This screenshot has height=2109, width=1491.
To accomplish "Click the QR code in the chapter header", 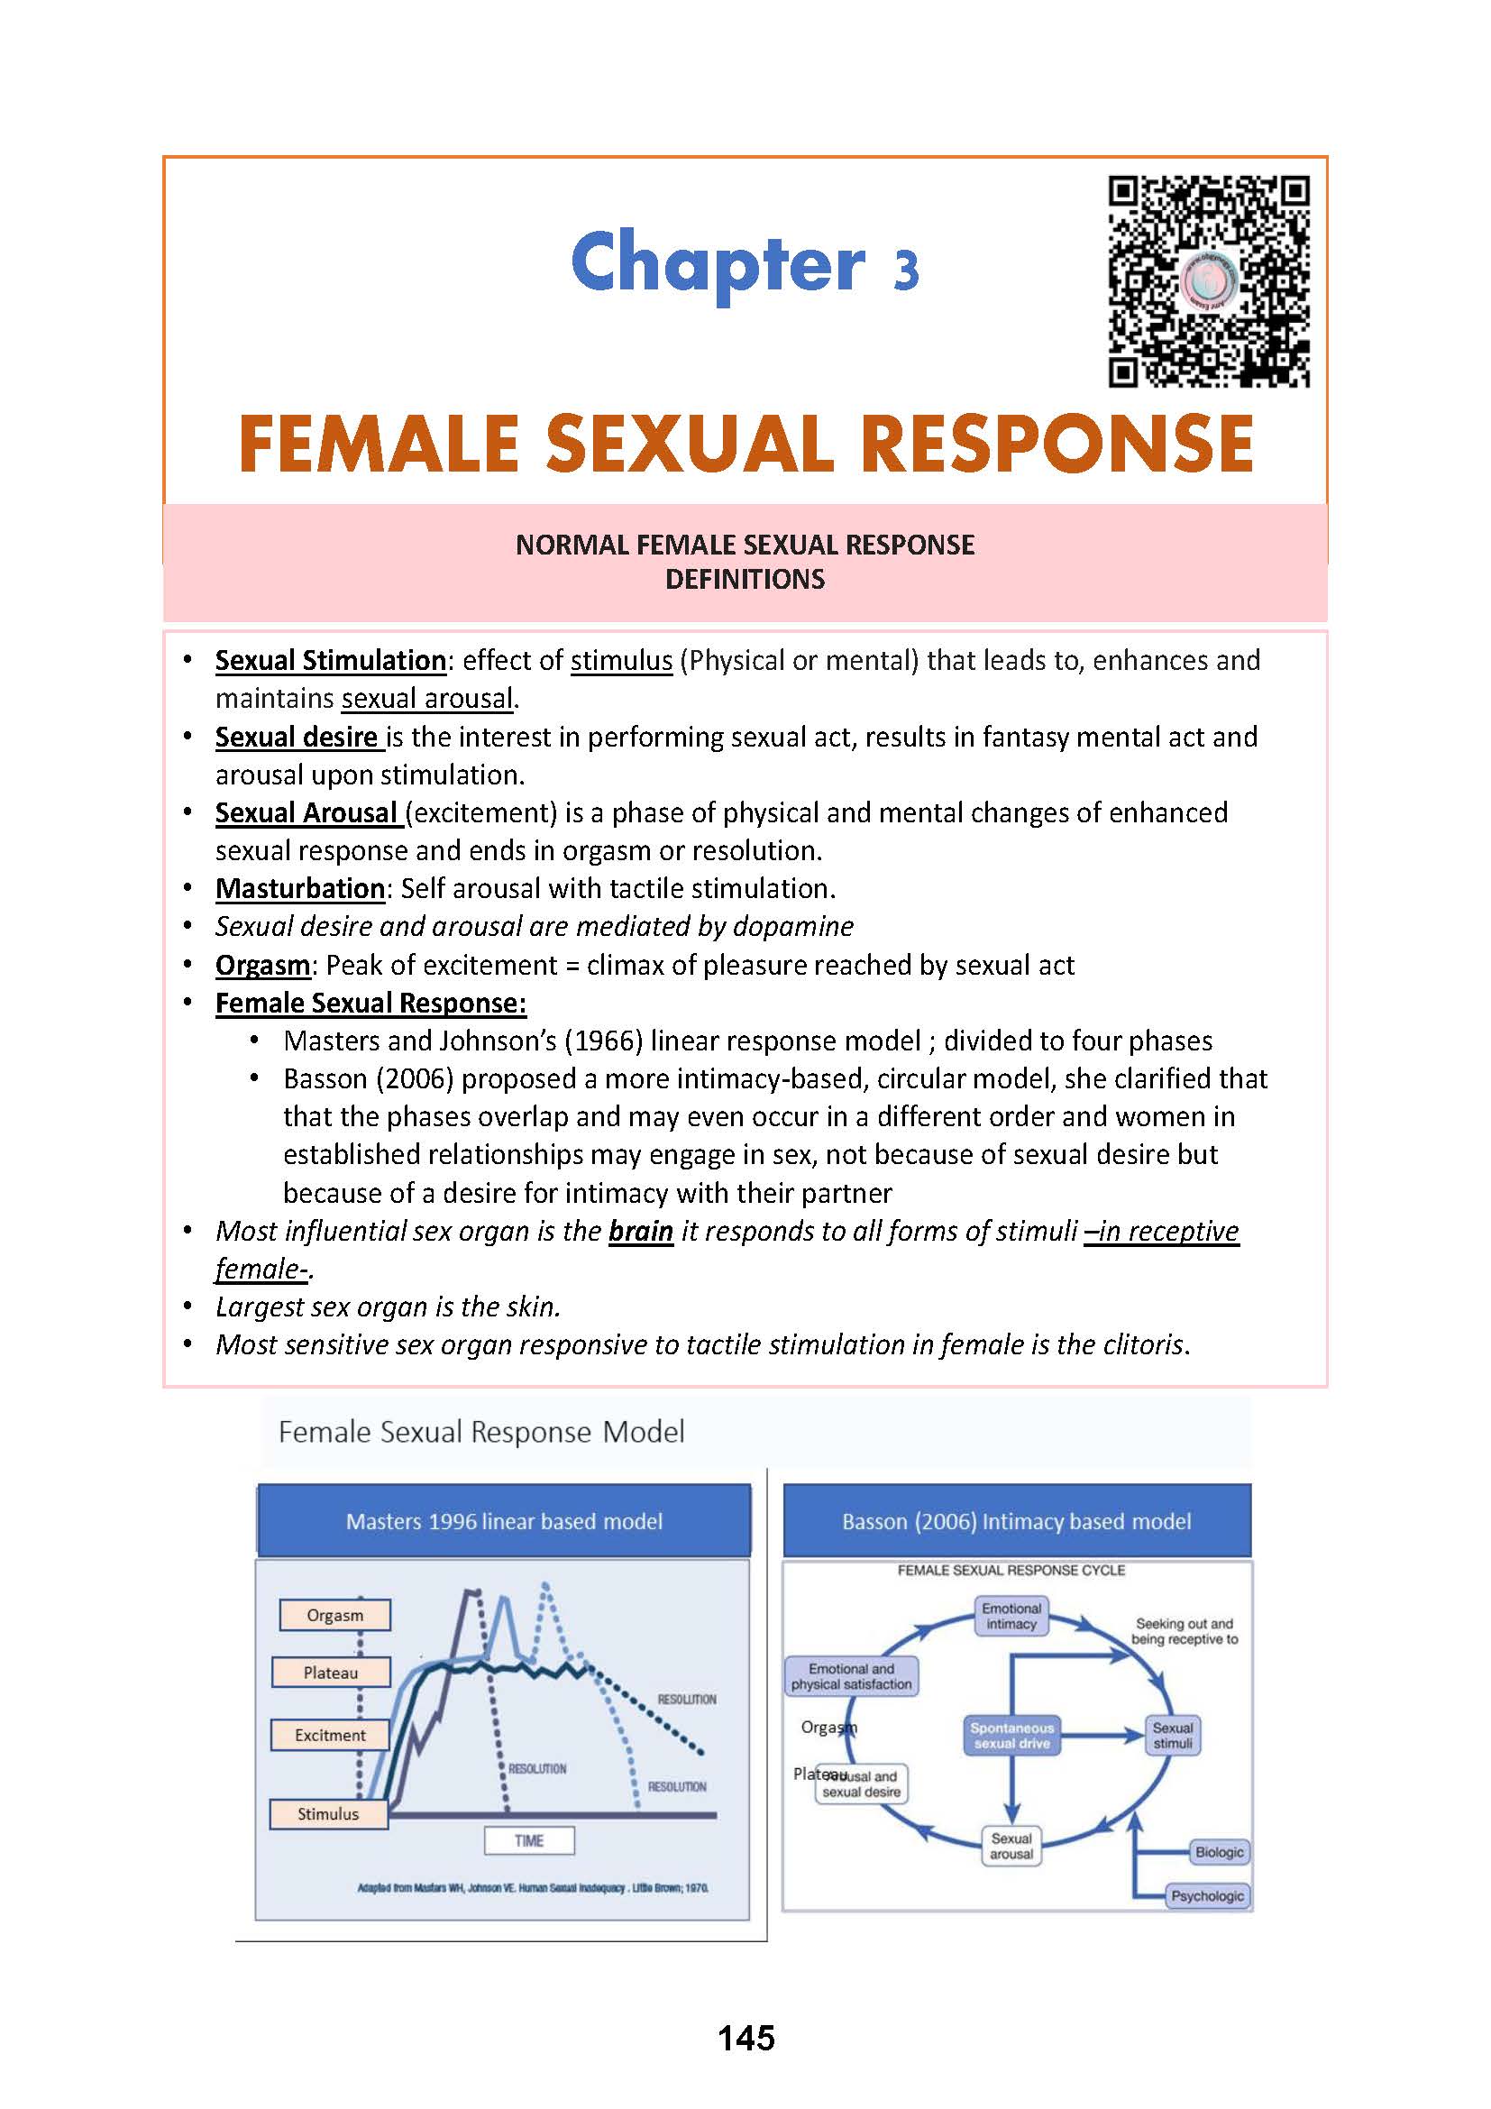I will coord(1208,282).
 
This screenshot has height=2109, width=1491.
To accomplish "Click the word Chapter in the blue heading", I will coord(717,263).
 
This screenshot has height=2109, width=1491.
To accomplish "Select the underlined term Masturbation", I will coord(299,888).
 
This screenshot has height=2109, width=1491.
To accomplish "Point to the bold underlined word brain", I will coord(641,1231).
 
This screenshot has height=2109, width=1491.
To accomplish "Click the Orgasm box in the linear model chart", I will coord(335,1616).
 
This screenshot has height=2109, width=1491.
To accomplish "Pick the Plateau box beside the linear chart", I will coord(331,1673).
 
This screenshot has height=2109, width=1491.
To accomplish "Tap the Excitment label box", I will coord(330,1735).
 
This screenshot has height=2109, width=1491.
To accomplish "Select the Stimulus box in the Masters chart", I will coord(328,1814).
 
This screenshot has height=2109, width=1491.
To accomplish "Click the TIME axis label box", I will coord(529,1841).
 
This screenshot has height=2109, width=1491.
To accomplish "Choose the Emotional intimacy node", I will coord(1011,1617).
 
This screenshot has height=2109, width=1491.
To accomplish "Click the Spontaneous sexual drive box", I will coord(1011,1736).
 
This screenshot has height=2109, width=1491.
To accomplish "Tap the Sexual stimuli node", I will coord(1173,1735).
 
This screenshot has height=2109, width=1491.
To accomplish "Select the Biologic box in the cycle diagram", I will coord(1220,1852).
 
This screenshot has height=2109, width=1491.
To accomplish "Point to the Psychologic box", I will coord(1207,1896).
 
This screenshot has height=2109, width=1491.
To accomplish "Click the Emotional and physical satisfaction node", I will coord(851,1676).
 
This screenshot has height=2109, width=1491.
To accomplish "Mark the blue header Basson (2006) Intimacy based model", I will coord(1016,1522).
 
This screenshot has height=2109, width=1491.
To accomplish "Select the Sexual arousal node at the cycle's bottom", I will coord(1011,1846).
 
